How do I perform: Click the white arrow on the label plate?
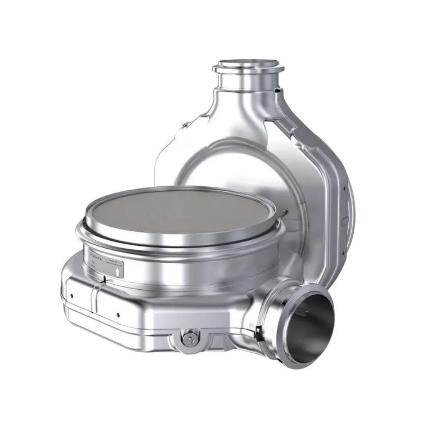coord(117,271)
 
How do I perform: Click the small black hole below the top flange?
coord(277,88)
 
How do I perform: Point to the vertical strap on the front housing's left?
coord(95,298)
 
